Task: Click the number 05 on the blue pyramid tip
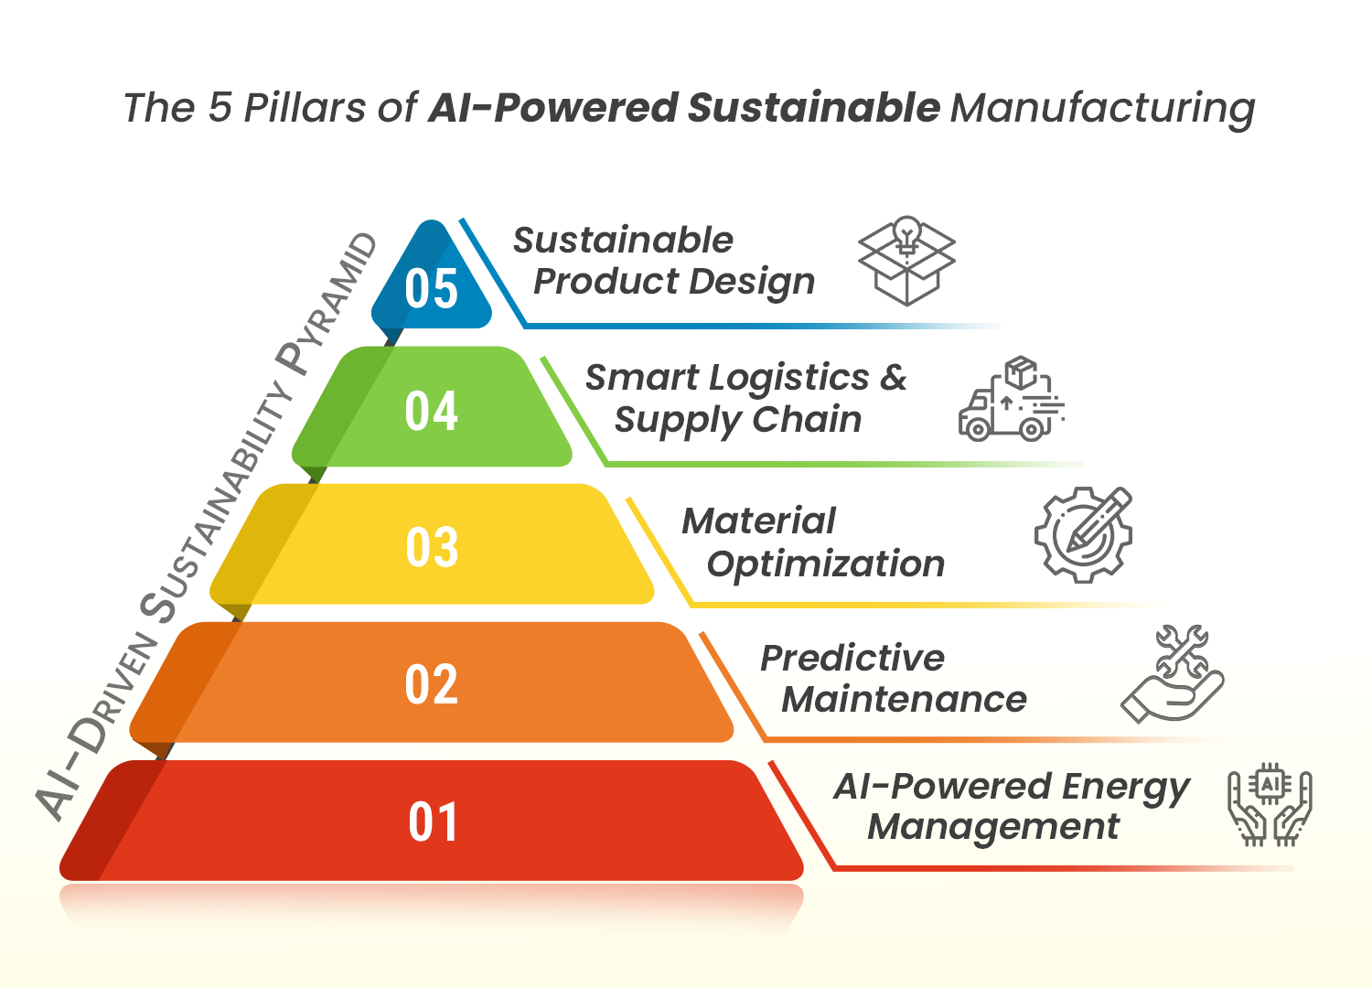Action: coord(431,289)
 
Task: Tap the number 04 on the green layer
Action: coord(431,411)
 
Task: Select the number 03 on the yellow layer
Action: coord(431,548)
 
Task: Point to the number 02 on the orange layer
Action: coord(431,684)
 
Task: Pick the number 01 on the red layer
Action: coord(433,822)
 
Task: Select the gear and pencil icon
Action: coord(1084,534)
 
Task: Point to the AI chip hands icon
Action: coord(1270,806)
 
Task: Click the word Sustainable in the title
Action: coord(814,108)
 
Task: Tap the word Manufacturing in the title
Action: coord(1103,109)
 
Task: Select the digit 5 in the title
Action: coord(220,108)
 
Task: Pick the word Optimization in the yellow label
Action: coord(826,564)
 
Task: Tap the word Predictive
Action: coord(852,658)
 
